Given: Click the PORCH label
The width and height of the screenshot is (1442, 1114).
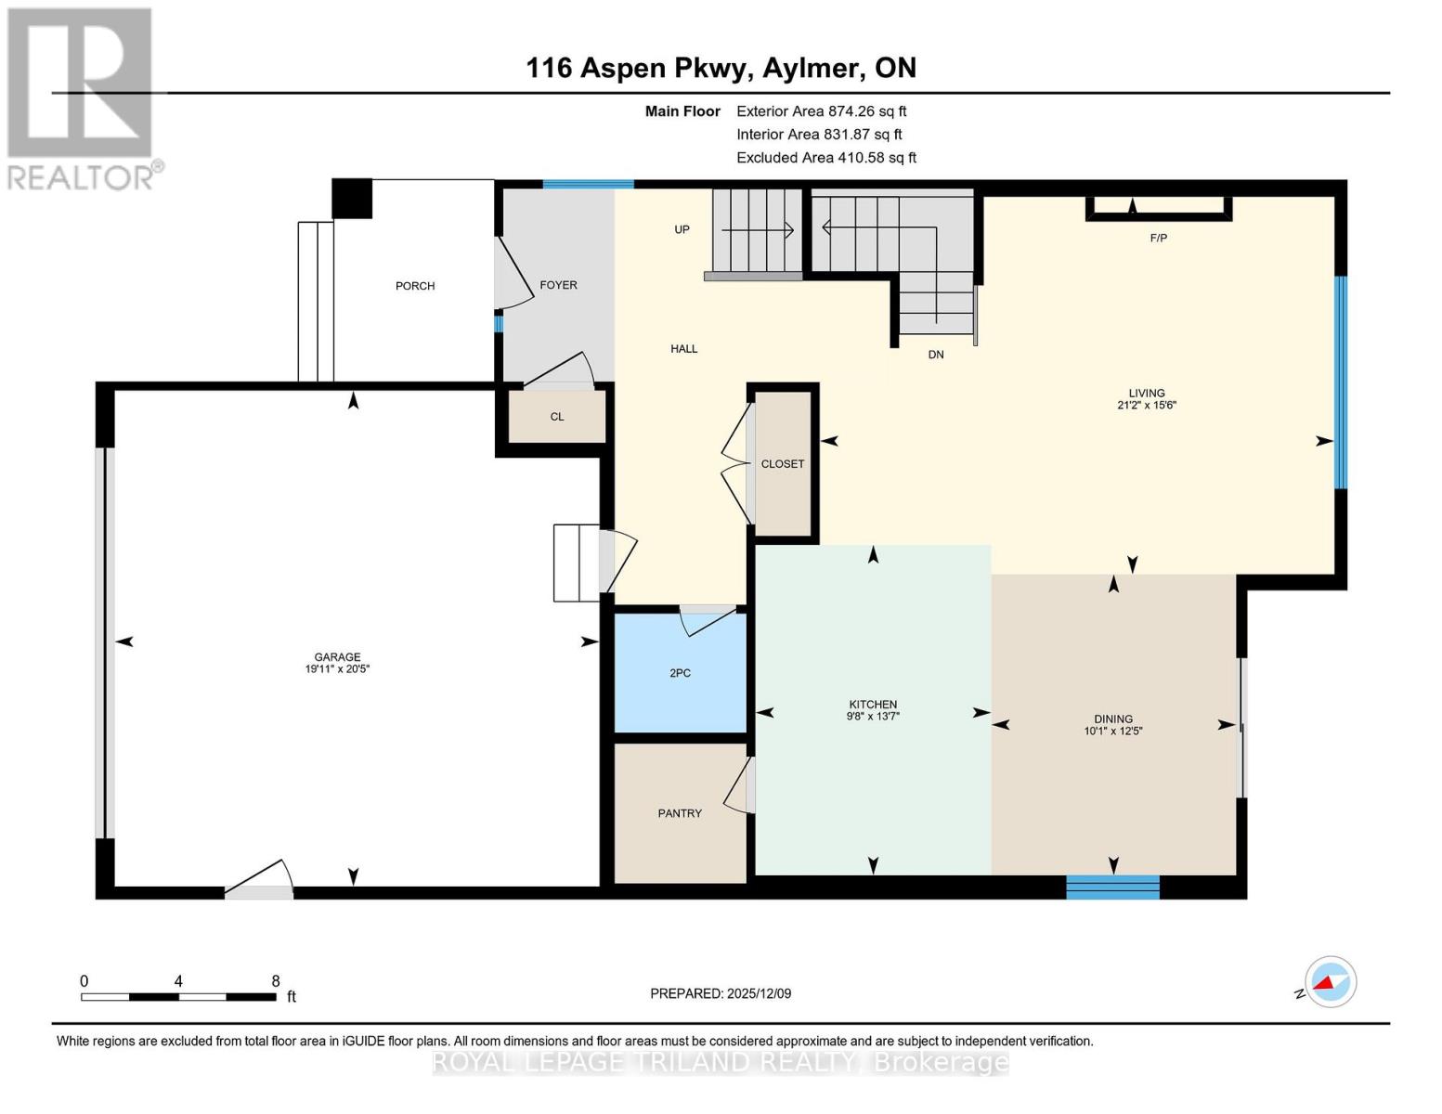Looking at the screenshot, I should pos(415,286).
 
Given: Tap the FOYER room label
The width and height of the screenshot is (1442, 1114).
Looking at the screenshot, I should pos(558,285).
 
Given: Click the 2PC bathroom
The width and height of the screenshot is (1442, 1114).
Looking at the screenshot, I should pos(680,673).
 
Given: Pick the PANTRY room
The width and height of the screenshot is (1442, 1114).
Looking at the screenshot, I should pos(680,813).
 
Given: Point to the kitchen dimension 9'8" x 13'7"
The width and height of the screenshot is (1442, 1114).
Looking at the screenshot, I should pos(873,716).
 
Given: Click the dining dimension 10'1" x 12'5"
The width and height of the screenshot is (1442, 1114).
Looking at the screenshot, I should pos(1112,731).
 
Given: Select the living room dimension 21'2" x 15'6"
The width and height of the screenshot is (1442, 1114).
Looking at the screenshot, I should pos(1147,405).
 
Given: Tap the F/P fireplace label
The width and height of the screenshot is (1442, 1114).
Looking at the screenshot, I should pos(1158,239).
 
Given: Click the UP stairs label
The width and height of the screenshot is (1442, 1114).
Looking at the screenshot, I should pos(682,229).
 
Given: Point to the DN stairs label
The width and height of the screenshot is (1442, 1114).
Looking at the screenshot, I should pos(936,355).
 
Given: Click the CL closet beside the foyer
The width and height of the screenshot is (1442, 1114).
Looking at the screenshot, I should pos(557,417).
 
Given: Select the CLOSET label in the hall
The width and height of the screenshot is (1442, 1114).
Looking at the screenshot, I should pos(783,464).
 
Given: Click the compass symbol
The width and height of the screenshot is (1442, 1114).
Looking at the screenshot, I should pos(1330,982).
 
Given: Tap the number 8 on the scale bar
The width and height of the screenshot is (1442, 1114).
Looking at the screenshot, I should pos(276,980).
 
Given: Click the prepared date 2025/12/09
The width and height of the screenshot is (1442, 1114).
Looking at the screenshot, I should pos(759,993).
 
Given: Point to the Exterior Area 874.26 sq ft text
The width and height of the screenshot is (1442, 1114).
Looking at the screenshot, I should pos(821,111).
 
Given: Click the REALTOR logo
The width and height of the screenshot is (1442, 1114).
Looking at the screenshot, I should pos(82,97).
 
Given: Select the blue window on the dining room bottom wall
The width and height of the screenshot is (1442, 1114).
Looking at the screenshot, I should pos(1112,887).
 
